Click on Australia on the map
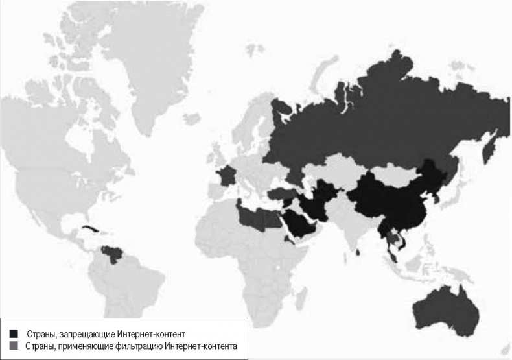447,308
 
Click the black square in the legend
14,333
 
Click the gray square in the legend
14,347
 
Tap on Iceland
191,118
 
